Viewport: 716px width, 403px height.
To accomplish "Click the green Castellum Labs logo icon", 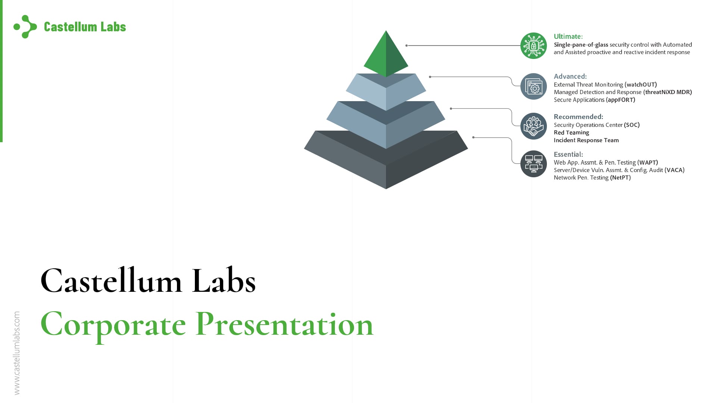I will (25, 26).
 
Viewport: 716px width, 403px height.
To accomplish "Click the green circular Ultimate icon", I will (533, 46).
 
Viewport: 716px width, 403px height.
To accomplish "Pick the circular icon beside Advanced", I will (533, 86).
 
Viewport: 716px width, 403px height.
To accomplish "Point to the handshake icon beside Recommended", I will (533, 126).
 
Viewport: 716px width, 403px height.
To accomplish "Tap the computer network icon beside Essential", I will (533, 164).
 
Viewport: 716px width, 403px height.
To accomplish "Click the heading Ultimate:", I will (568, 37).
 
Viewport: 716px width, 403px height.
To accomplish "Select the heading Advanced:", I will (570, 76).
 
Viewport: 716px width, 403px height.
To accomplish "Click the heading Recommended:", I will (578, 117).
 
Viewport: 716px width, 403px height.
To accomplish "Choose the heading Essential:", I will (568, 154).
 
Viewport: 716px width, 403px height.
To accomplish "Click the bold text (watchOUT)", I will (640, 85).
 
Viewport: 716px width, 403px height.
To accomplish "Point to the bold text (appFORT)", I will (620, 100).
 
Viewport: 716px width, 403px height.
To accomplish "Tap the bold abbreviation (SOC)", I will (631, 125).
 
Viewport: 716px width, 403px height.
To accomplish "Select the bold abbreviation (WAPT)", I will (647, 163).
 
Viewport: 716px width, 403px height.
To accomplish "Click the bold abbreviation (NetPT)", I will (620, 178).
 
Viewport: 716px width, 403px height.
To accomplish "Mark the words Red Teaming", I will (571, 133).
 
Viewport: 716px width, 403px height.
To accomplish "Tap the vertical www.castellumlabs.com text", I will (17, 353).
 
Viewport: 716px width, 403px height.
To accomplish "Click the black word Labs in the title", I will (224, 281).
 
